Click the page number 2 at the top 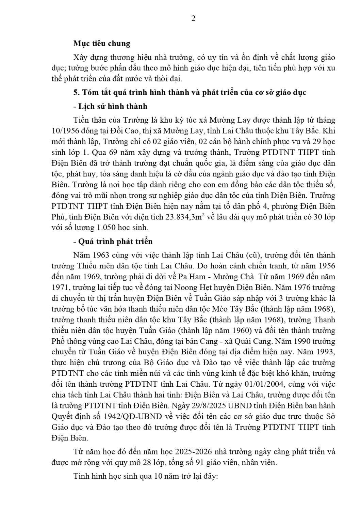tap(193, 18)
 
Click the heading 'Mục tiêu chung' tap(102, 44)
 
